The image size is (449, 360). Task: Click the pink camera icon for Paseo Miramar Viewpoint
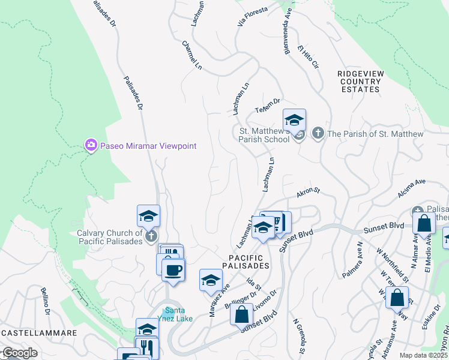(91, 145)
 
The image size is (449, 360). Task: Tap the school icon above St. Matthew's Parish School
(294, 120)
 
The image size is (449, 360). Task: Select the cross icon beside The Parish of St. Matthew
(318, 133)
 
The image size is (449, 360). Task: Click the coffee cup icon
(173, 270)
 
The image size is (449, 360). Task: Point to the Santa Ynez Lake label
(175, 314)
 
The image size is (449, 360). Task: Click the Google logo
(19, 353)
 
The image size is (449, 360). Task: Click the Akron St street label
(308, 193)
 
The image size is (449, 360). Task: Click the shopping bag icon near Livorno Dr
(241, 314)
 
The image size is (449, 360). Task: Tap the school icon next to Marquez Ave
(211, 280)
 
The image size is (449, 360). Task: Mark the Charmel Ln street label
(191, 55)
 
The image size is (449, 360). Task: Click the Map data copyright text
(423, 355)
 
